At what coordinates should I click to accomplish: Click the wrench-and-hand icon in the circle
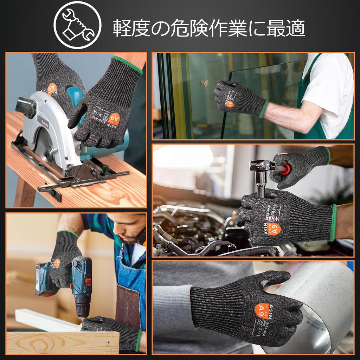[77, 25]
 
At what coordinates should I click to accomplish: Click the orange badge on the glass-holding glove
[230, 104]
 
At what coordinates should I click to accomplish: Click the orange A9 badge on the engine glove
[274, 229]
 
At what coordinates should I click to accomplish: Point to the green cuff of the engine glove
[333, 223]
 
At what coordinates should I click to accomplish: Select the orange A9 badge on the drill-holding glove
[57, 262]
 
